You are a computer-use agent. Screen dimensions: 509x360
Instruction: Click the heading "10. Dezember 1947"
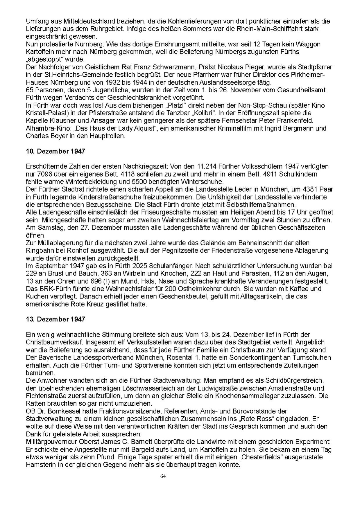click(55, 151)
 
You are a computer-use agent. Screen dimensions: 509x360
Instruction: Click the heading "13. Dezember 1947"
click(55, 319)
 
